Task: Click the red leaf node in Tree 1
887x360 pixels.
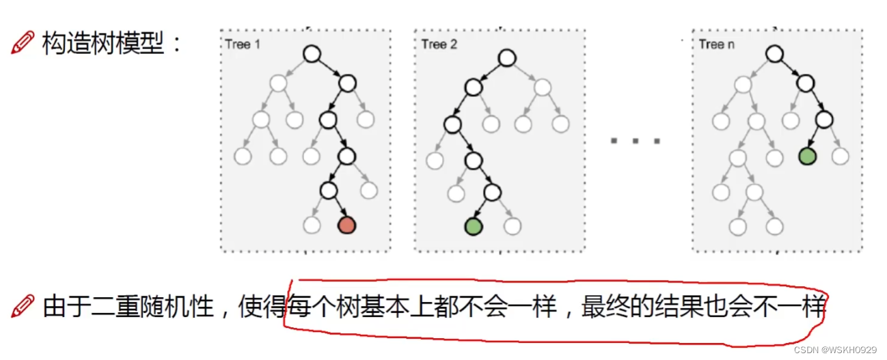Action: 347,224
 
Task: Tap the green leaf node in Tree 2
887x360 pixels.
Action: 473,225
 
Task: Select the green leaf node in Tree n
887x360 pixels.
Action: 807,156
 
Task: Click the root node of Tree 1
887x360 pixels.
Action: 312,53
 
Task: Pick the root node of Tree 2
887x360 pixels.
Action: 506,58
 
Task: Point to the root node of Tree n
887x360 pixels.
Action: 773,53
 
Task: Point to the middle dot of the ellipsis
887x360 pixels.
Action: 636,141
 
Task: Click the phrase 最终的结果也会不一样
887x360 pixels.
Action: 704,307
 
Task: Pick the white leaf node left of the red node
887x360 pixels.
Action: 312,224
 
